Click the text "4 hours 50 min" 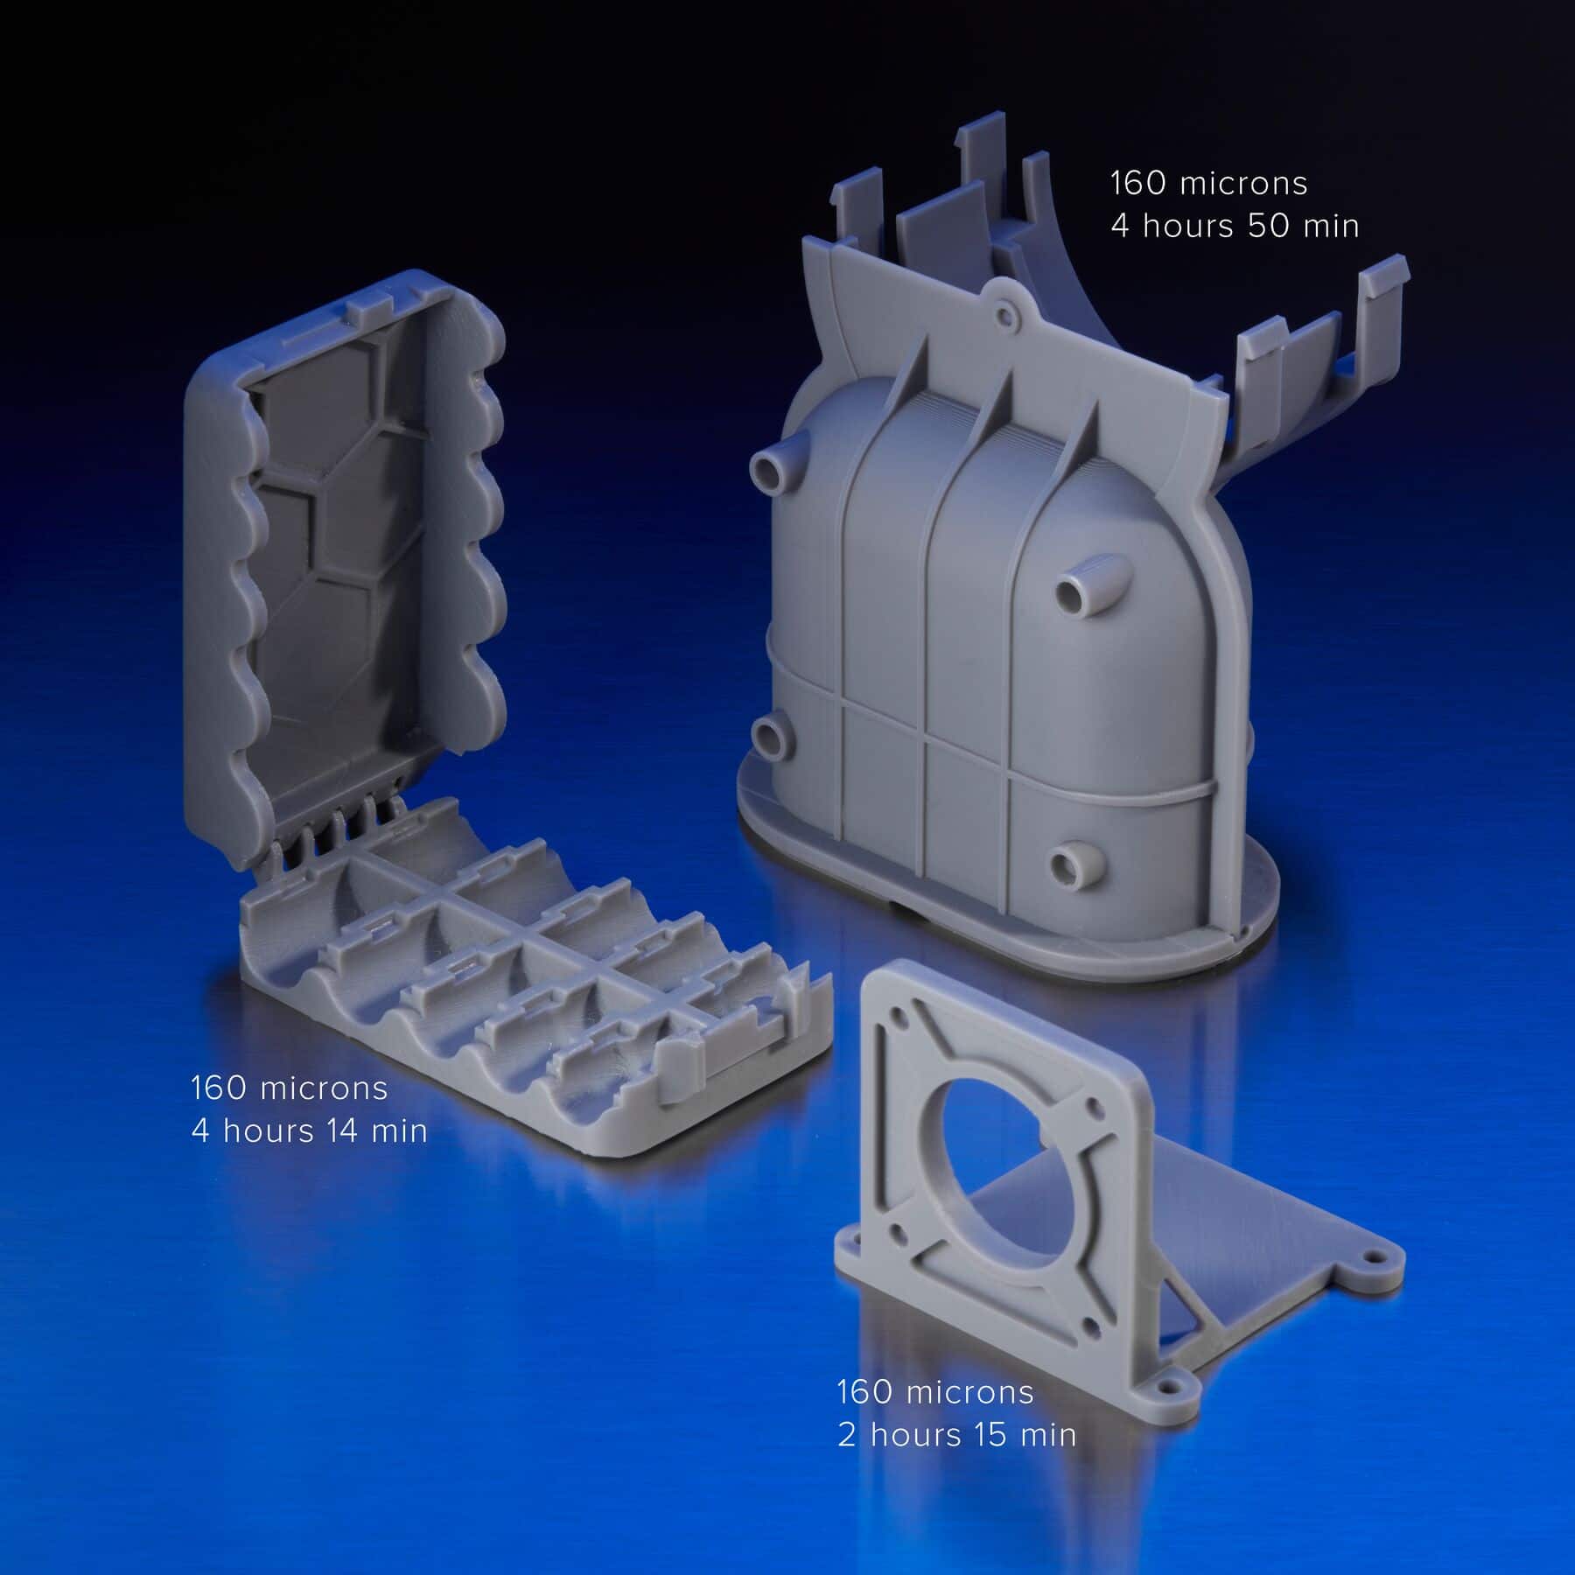tap(1235, 226)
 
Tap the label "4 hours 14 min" tap(309, 1130)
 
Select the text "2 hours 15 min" tap(956, 1435)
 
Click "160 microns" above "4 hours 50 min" tap(1208, 183)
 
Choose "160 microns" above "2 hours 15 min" tap(935, 1392)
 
